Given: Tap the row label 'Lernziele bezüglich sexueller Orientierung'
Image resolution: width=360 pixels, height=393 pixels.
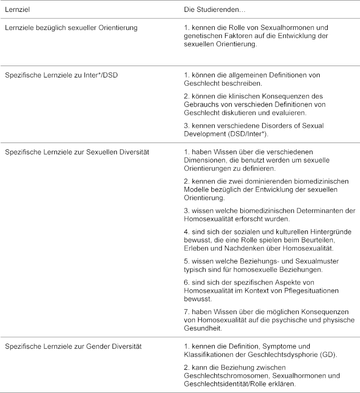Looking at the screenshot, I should pos(71,28).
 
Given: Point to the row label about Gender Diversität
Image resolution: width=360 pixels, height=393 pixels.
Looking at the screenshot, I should pos(73,346).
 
